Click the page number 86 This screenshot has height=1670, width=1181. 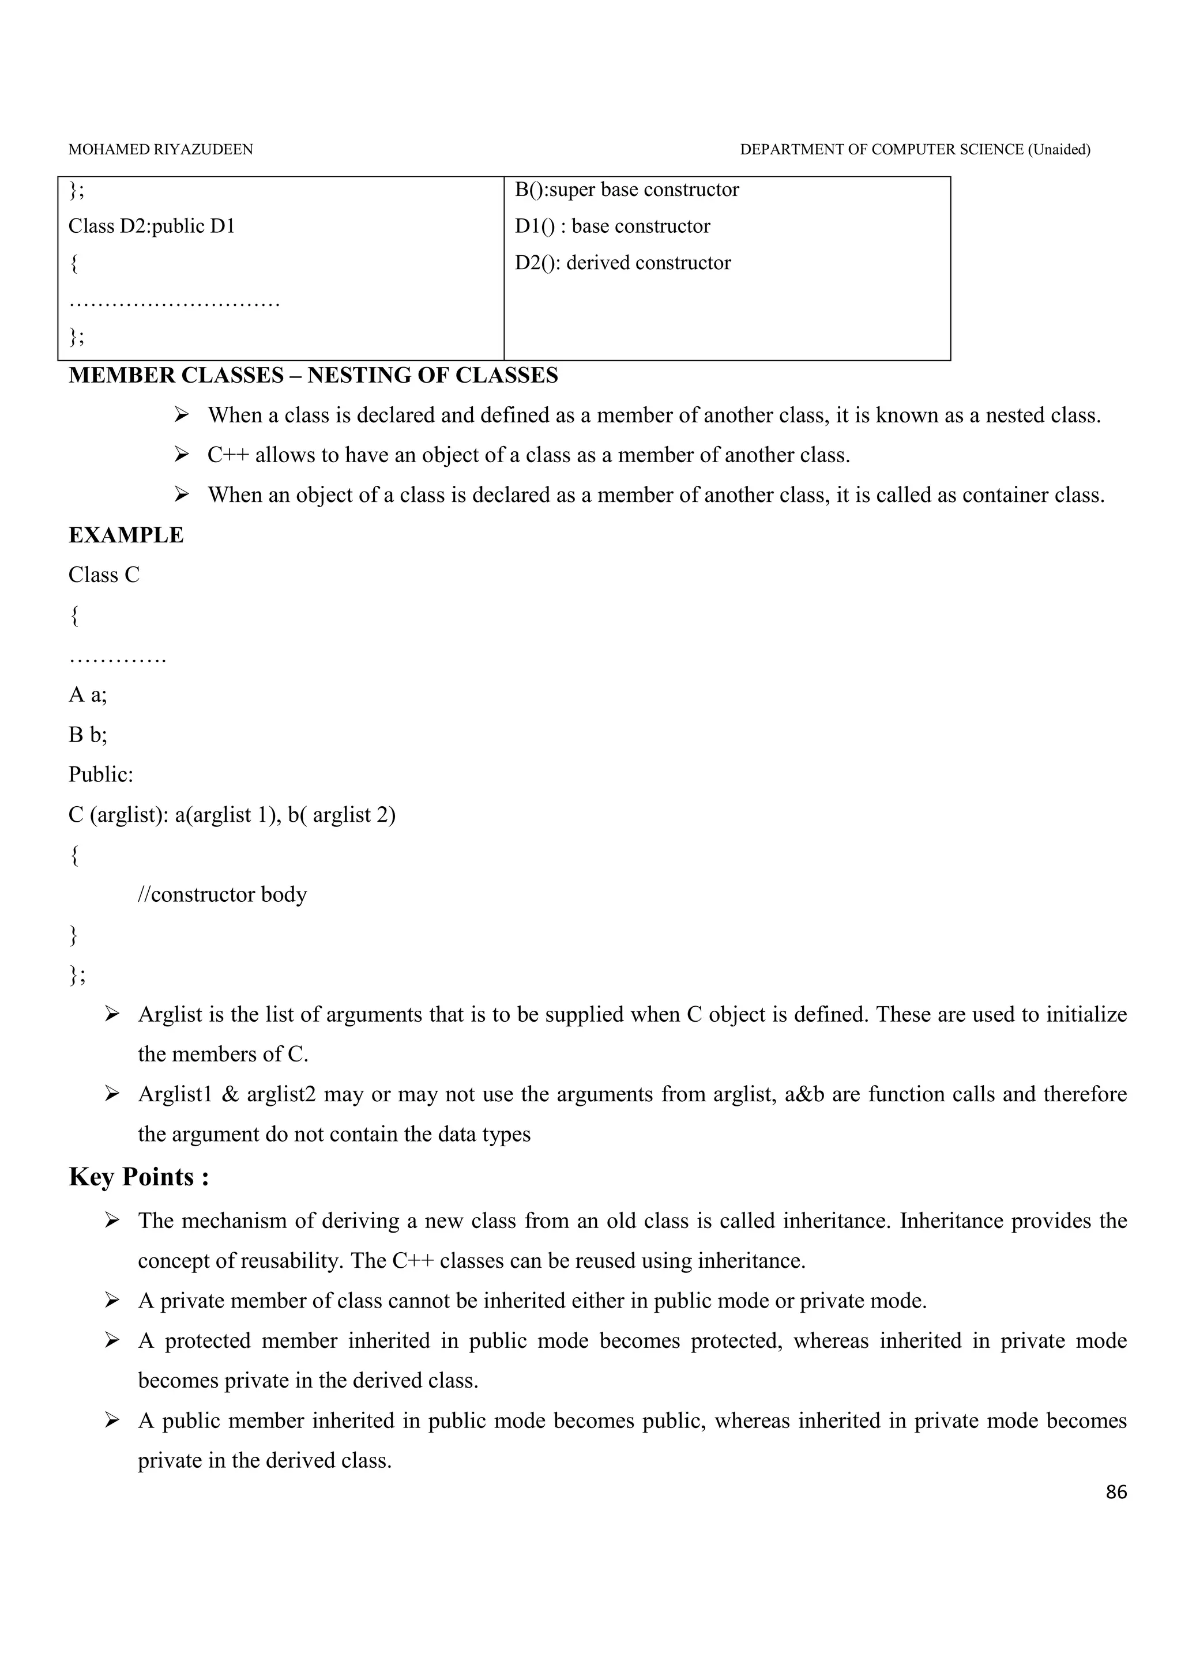(1115, 1493)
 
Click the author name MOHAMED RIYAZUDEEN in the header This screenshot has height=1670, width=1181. (161, 150)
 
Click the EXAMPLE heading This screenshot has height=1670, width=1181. (126, 535)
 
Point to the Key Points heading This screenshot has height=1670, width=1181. (139, 1177)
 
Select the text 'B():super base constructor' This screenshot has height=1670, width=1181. (626, 190)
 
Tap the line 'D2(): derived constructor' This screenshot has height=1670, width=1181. (623, 263)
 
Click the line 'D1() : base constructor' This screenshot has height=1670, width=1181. (612, 226)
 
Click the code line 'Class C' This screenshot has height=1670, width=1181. (103, 575)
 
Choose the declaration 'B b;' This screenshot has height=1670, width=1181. (87, 735)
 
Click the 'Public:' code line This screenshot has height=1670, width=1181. (100, 774)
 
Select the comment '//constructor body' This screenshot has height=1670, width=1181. (222, 894)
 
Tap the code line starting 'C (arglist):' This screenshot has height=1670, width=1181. (231, 815)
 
